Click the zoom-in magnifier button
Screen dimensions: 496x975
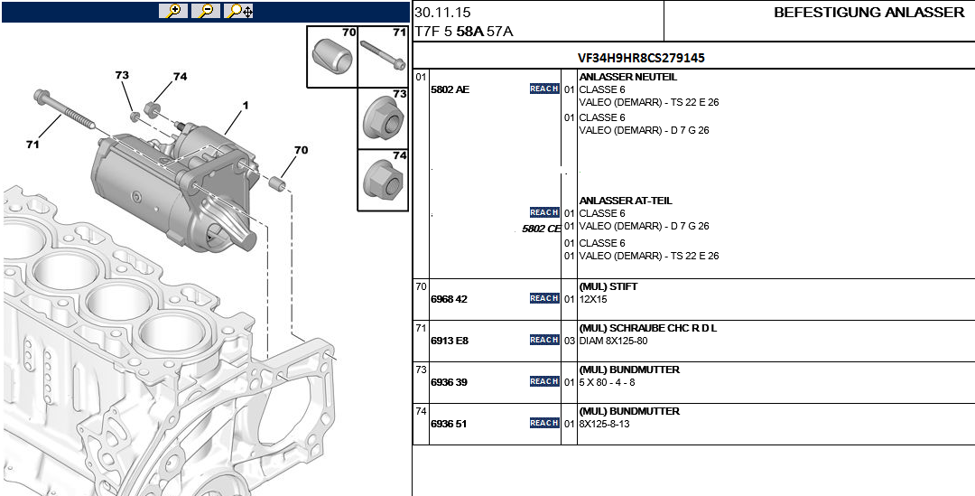coord(172,11)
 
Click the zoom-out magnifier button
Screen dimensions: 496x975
coord(205,11)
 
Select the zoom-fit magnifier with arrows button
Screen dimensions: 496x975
coord(239,11)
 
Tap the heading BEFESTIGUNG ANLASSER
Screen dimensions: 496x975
coord(868,13)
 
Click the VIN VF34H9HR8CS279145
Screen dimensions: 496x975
coord(642,58)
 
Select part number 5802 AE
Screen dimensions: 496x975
coord(450,89)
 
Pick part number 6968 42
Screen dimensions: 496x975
coord(449,299)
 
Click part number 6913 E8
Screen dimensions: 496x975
coord(449,341)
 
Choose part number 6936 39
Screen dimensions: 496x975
coord(449,382)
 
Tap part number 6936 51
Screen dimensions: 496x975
coord(449,424)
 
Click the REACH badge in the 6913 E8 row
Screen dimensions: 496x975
coord(544,340)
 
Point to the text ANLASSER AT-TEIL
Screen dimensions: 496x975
coord(625,201)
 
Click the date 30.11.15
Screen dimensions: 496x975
coord(442,13)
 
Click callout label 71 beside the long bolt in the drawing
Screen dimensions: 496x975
coord(32,145)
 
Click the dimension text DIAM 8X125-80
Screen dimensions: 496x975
coord(613,342)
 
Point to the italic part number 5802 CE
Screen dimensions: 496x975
coord(541,229)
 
